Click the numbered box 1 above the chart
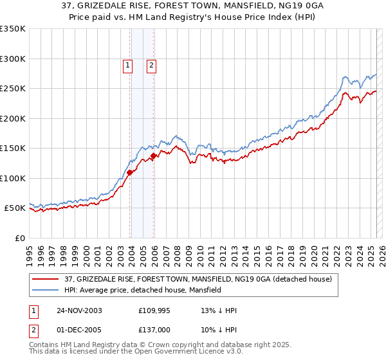click(x=127, y=64)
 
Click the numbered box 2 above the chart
click(x=151, y=64)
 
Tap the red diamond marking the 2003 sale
click(x=130, y=172)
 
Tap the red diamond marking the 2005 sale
click(x=154, y=156)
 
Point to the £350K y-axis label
click(x=12, y=29)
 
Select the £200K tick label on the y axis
click(x=12, y=118)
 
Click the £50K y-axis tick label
click(x=14, y=208)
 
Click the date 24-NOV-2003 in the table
click(x=80, y=311)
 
